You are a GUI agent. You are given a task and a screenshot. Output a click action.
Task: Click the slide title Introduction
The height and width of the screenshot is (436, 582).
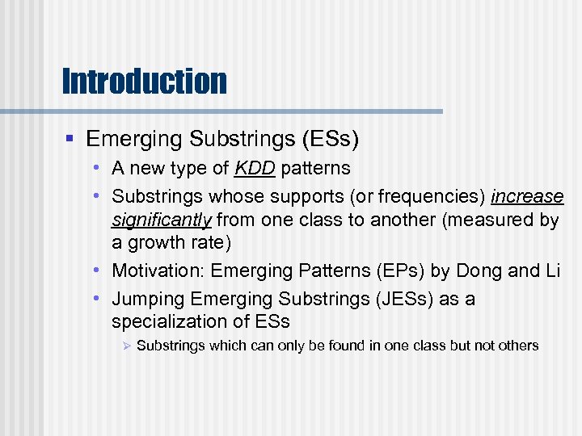tap(144, 81)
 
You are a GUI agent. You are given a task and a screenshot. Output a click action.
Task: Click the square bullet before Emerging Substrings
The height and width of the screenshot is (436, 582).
tap(73, 140)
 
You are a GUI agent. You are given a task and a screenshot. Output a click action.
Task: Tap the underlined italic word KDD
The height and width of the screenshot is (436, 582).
tap(254, 169)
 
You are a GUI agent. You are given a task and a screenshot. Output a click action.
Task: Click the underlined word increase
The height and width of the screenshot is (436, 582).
tap(526, 197)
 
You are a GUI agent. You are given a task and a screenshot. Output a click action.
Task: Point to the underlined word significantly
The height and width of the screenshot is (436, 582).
tap(162, 220)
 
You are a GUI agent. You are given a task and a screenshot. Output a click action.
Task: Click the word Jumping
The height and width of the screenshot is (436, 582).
tap(148, 299)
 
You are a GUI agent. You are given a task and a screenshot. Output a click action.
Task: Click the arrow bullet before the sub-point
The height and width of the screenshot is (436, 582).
tap(126, 346)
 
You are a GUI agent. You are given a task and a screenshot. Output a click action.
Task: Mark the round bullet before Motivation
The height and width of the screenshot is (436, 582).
tap(96, 270)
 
